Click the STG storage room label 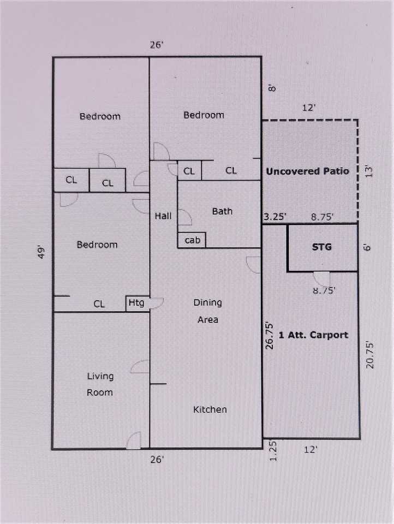[321, 247]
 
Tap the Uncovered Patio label [307, 171]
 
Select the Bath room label [222, 211]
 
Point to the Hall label [163, 216]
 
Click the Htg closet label [136, 303]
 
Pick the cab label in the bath [192, 240]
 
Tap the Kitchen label [210, 409]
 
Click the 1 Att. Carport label [313, 335]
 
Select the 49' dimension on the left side [41, 252]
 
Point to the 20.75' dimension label [369, 355]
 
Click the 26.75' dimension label [269, 336]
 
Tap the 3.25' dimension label [274, 217]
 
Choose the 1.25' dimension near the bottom [273, 451]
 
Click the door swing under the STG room [321, 278]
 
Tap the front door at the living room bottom [134, 440]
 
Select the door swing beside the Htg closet [156, 303]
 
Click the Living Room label [100, 384]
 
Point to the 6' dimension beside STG [367, 248]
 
